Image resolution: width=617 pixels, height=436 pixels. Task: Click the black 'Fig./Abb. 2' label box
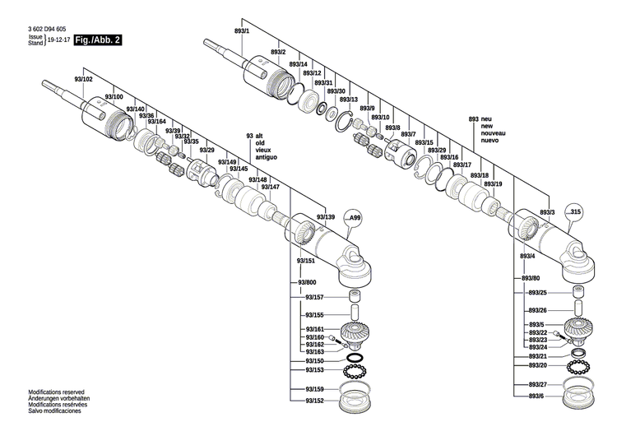coord(98,39)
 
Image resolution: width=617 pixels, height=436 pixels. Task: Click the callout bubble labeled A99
coord(354,216)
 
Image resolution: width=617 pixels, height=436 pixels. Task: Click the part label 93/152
coord(314,401)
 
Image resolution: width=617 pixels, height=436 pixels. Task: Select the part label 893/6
coord(536,397)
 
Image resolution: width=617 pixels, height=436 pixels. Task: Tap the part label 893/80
coord(531,279)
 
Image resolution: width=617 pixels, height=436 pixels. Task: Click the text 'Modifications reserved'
coord(56,392)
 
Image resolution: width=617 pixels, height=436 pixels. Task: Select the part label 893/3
coord(547,212)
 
